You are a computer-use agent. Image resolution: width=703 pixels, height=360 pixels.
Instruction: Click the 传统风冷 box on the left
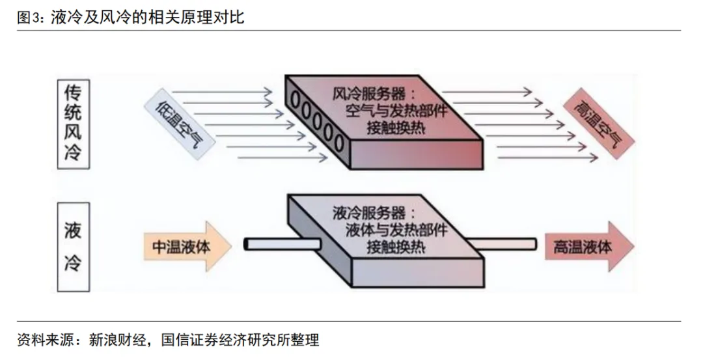74,124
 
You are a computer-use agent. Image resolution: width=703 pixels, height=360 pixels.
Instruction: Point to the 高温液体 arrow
586,247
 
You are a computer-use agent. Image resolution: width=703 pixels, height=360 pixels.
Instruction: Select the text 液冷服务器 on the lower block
368,214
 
